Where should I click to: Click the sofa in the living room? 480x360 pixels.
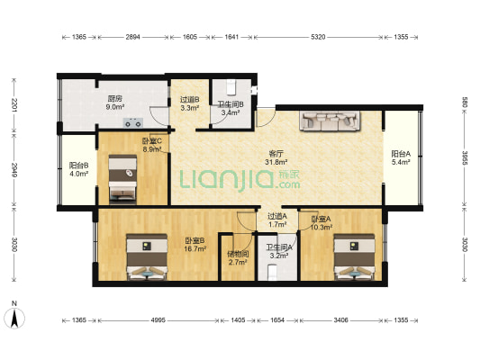click(330, 121)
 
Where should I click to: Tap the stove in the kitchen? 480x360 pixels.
click(133, 122)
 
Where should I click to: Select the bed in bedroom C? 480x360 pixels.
click(122, 179)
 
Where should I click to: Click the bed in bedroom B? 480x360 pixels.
click(147, 257)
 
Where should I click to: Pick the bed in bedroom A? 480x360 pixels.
click(355, 257)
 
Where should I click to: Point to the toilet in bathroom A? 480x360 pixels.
click(273, 273)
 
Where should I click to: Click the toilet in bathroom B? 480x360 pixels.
click(231, 87)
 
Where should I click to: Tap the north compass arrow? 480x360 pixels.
click(14, 318)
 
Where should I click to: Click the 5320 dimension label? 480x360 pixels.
click(319, 37)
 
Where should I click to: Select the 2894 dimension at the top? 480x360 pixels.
click(133, 37)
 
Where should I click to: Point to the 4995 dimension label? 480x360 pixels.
click(158, 320)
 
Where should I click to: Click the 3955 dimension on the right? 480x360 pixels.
click(465, 158)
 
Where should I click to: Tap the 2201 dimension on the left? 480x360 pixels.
click(14, 104)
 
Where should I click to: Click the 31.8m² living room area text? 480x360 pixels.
click(276, 162)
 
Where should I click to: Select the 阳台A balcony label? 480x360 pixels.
click(401, 154)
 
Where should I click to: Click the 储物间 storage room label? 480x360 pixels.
click(238, 254)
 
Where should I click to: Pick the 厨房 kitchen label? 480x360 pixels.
click(115, 99)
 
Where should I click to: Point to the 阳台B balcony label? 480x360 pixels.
click(78, 166)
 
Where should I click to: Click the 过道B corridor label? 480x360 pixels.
click(190, 100)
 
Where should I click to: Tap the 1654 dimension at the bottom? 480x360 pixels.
click(277, 320)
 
